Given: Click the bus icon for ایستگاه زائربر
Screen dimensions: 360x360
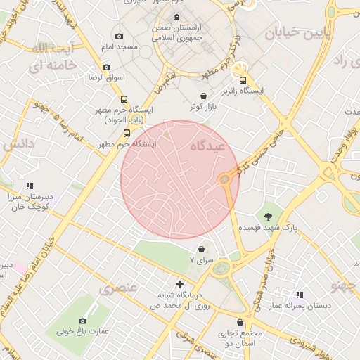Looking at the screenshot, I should coord(243,80).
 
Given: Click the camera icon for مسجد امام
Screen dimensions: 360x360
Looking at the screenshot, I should coord(119,37).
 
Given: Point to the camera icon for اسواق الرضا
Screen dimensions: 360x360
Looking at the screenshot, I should coord(107,67).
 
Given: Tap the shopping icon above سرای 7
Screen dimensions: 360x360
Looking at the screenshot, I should coord(202,249).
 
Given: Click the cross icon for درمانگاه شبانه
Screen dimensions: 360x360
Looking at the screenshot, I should coord(179,284).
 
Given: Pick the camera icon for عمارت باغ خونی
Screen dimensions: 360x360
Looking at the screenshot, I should coord(83,321).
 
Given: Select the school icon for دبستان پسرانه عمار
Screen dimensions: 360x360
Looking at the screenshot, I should coord(300,295).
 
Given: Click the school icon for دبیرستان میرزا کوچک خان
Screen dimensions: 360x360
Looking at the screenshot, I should coord(30,186).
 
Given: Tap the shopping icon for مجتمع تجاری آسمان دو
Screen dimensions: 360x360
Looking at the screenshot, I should coord(240,322).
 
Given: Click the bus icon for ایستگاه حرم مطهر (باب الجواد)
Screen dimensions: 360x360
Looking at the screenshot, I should coord(124,100).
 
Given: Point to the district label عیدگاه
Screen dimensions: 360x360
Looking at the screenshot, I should coord(207,146).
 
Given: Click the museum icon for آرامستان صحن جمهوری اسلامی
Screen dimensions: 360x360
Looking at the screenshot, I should coord(176,18).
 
